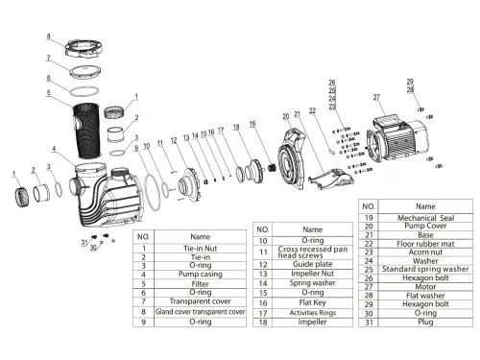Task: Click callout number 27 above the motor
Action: tap(377, 96)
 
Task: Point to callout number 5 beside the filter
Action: tap(46, 94)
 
